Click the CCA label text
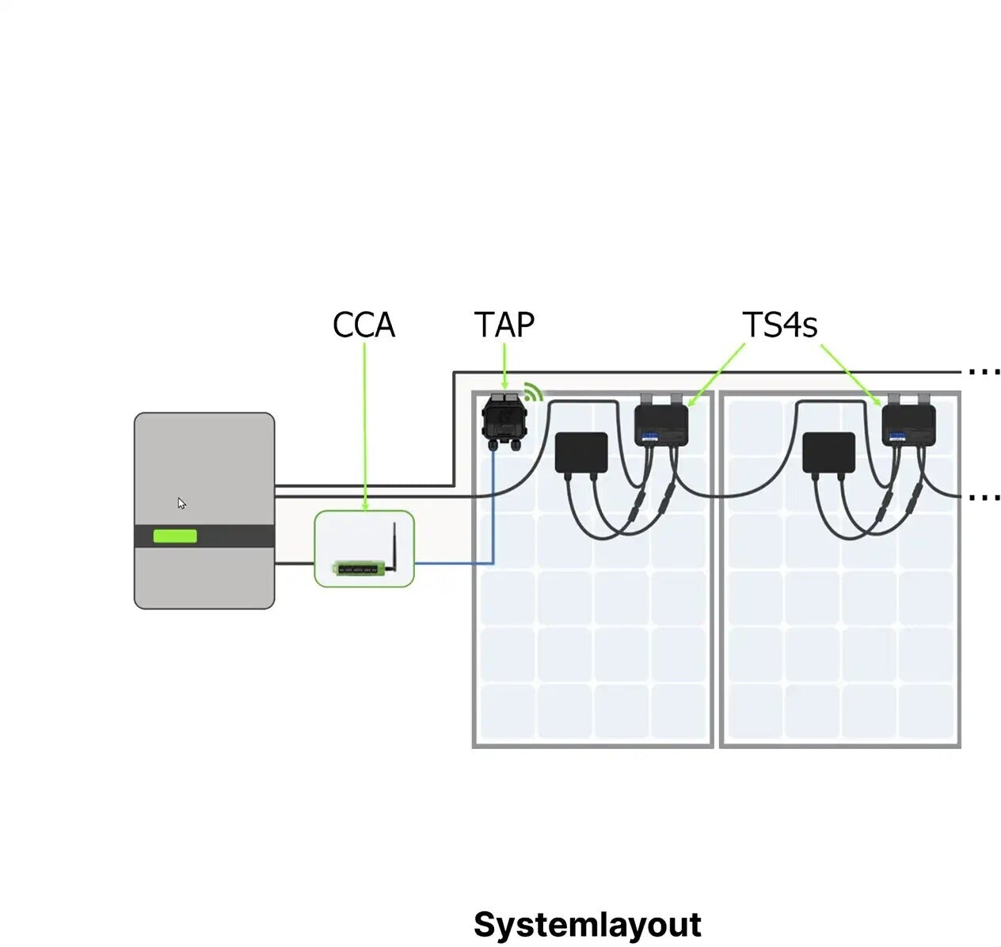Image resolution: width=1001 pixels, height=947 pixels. (363, 325)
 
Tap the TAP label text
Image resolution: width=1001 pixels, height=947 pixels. (504, 325)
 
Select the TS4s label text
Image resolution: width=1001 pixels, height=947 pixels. (779, 325)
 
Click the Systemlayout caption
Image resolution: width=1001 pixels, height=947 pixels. (587, 924)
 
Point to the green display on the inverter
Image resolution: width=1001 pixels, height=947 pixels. (175, 536)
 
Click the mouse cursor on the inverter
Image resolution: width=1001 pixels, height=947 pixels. (181, 503)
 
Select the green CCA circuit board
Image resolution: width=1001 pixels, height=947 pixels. (360, 568)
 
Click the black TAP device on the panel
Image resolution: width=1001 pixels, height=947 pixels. (504, 420)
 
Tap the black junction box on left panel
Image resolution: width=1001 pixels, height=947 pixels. (581, 452)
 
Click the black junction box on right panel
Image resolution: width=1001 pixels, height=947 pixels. (828, 452)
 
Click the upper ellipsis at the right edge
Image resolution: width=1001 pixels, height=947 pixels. (984, 371)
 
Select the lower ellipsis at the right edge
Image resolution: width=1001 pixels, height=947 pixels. (984, 497)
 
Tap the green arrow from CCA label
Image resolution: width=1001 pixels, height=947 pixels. (364, 428)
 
